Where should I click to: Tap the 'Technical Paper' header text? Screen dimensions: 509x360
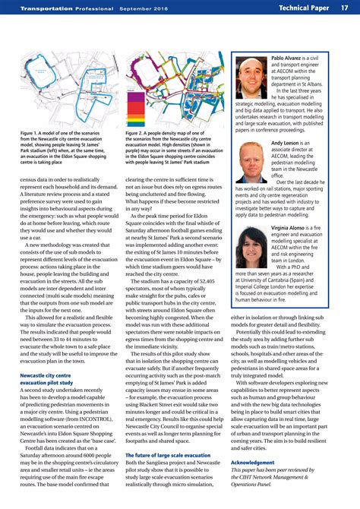click(x=303, y=8)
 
